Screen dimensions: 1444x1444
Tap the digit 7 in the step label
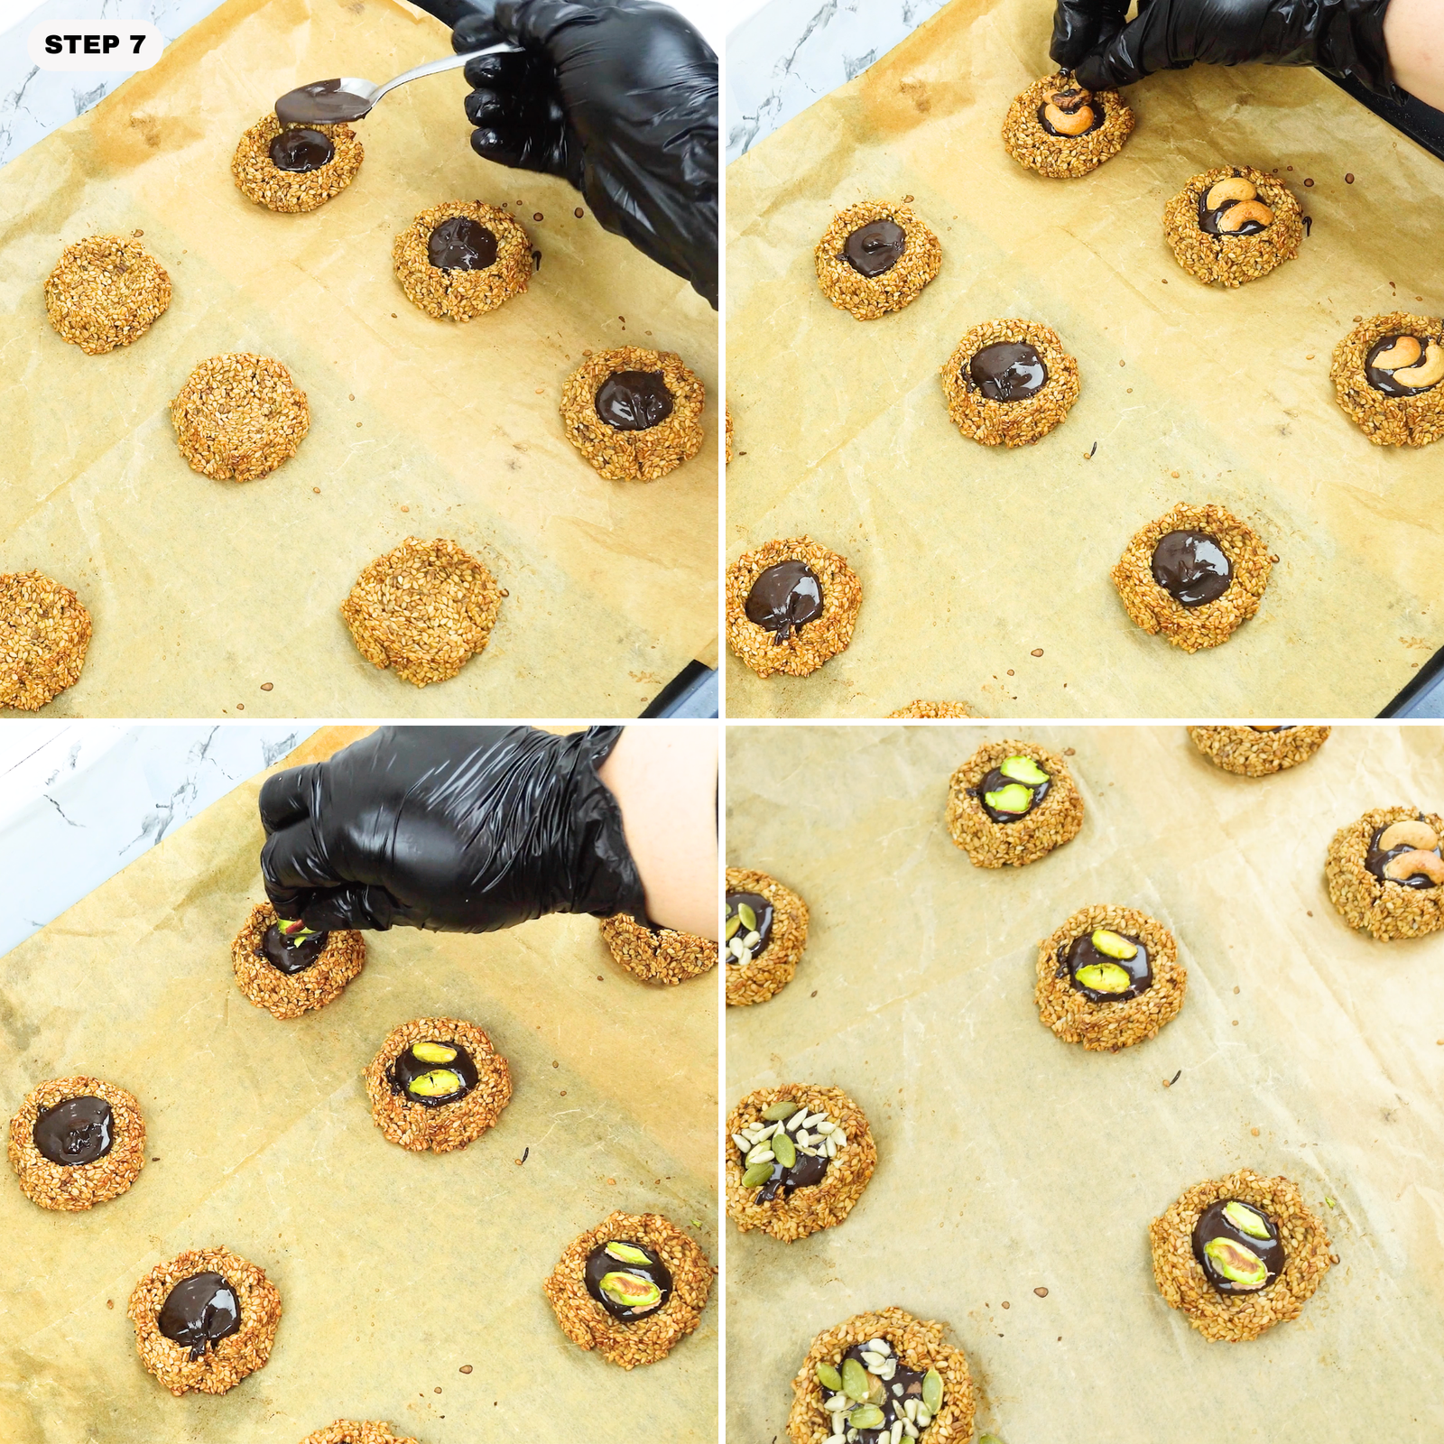136,45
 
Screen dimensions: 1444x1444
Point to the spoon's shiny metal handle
424,71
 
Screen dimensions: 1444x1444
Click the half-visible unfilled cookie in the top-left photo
41,636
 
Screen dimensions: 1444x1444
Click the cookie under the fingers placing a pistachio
298,961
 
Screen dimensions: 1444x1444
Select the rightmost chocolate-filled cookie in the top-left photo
632,412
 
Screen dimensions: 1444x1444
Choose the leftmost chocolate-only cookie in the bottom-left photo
77,1142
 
